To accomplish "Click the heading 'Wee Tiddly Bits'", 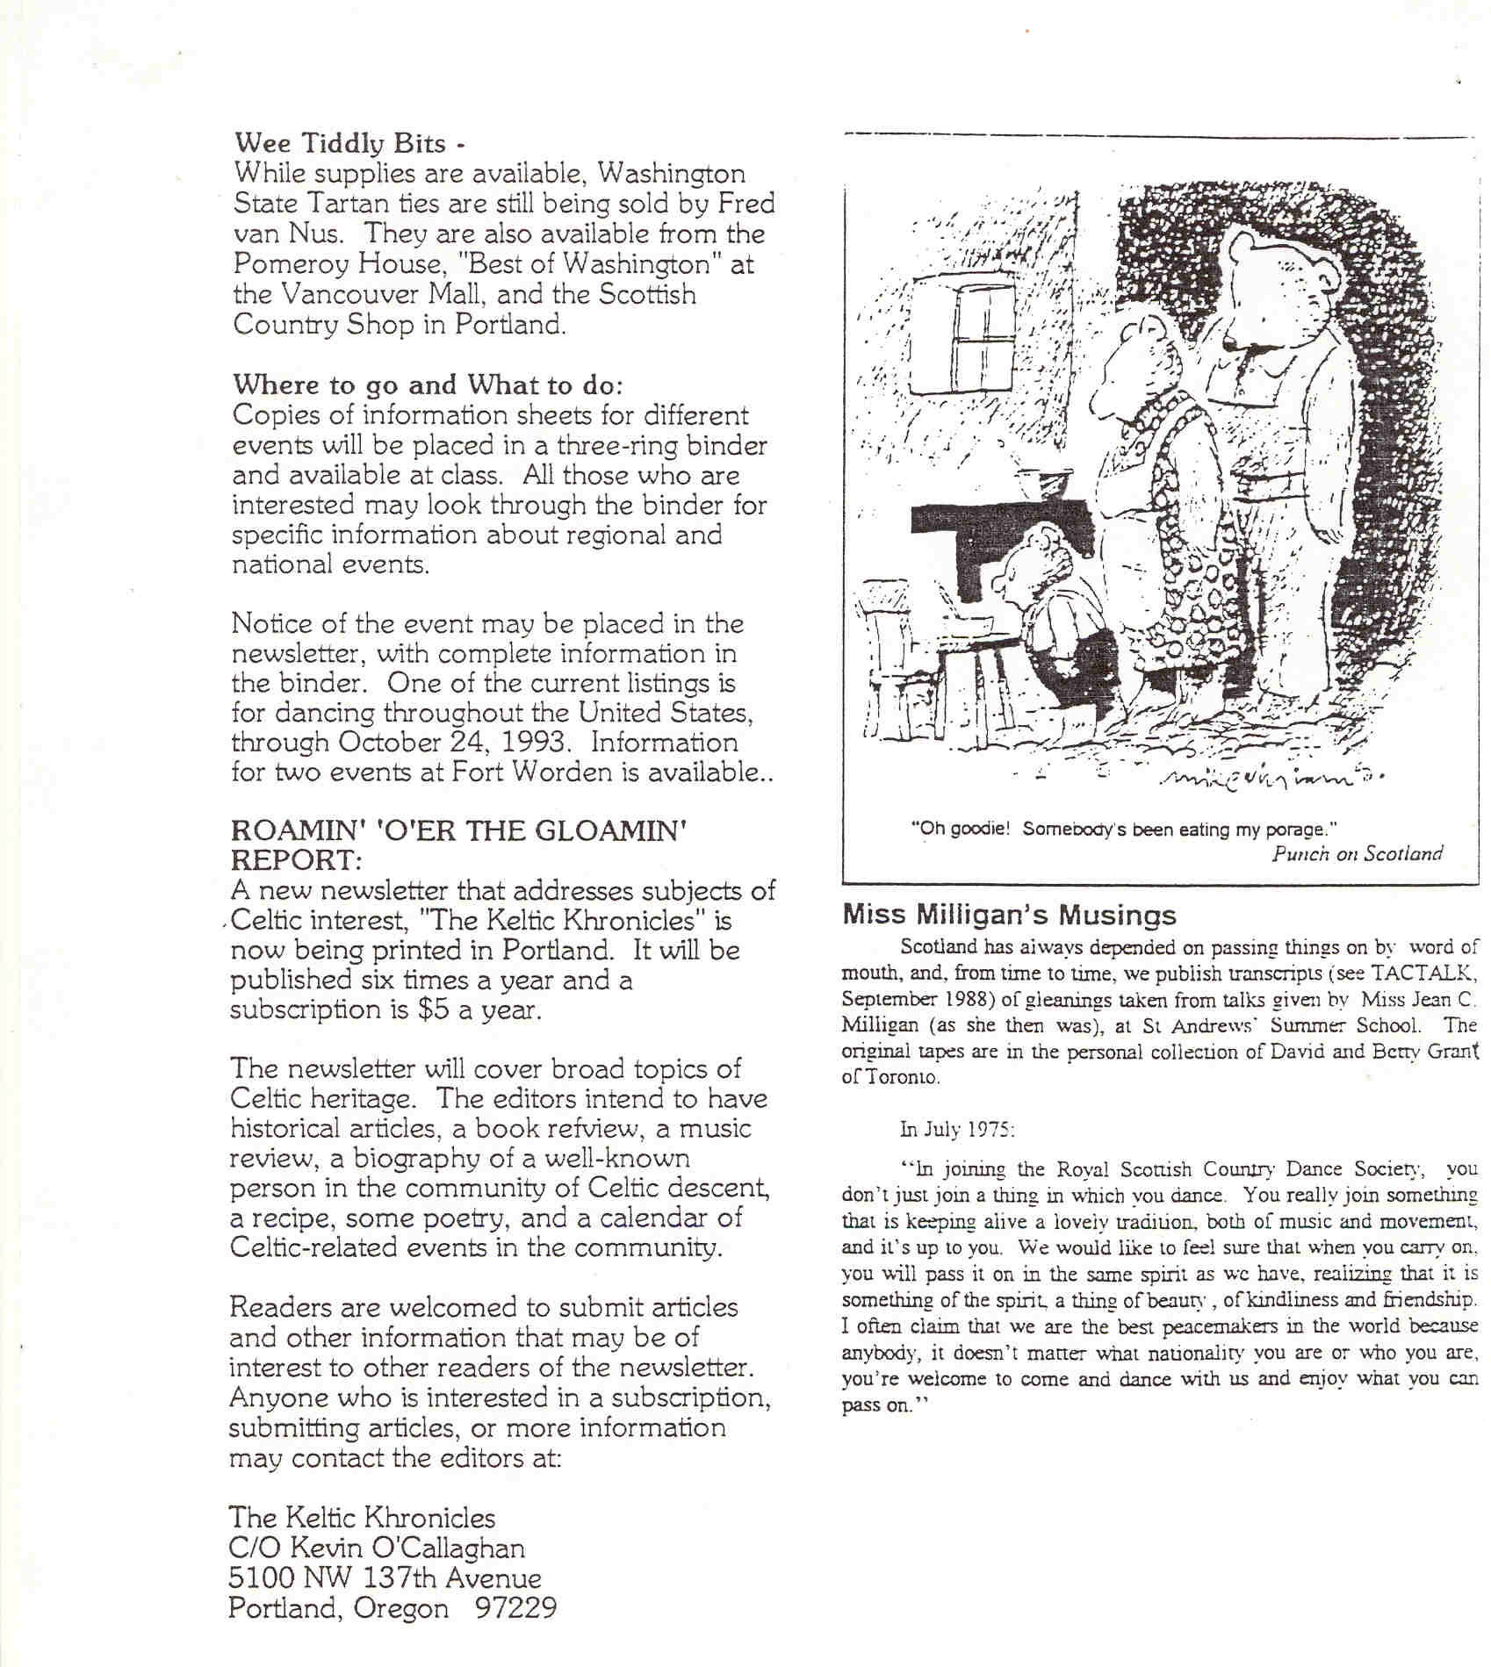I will tap(341, 143).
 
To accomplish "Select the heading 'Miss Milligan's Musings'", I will tap(1009, 916).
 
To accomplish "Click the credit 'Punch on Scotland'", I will tap(1357, 853).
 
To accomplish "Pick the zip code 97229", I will tap(515, 1608).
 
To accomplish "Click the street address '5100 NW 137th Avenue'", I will tap(385, 1578).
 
